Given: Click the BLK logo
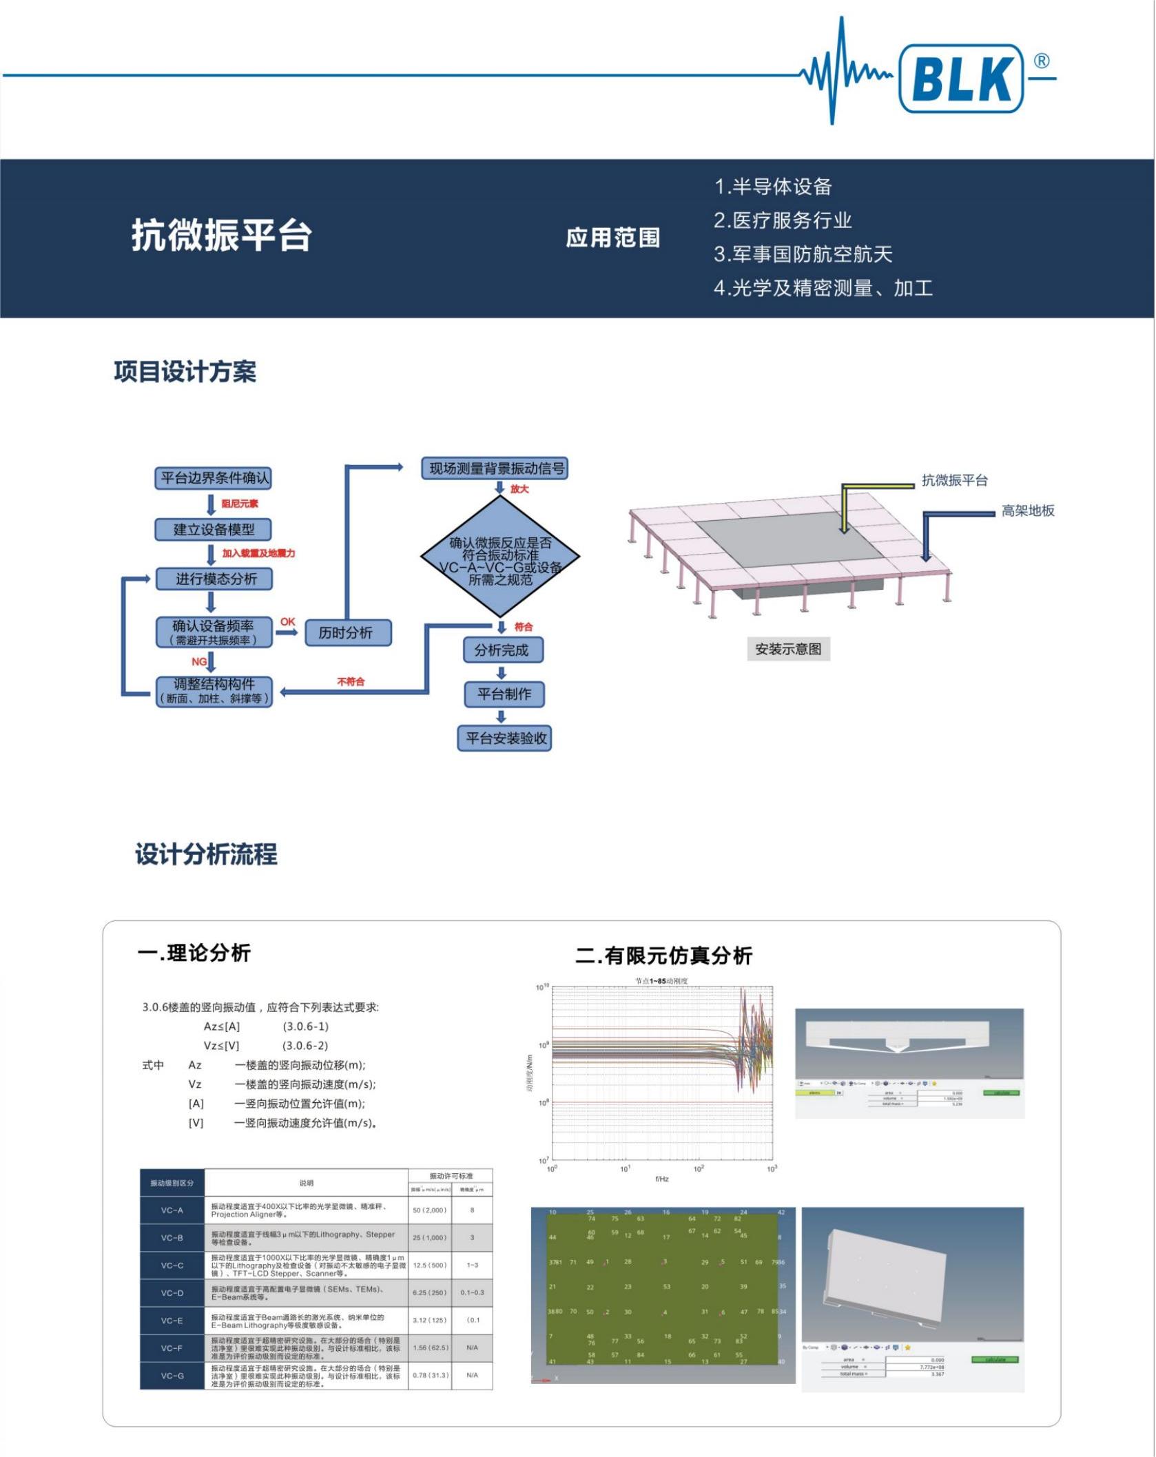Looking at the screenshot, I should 961,79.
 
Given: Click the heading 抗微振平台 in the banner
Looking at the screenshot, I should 222,236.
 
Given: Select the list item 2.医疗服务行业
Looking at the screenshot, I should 783,220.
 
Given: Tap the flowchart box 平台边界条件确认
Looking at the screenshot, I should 214,478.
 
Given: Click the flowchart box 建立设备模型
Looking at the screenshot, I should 214,530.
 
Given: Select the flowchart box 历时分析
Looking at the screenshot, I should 346,632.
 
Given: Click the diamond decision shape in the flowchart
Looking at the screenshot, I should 500,556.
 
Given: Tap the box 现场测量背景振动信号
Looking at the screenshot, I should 496,468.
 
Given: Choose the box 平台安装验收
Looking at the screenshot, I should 505,738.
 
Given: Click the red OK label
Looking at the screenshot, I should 288,622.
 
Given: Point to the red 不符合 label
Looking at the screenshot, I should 351,681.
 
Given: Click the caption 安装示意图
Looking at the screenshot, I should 788,649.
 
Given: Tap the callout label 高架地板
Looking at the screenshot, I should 1028,510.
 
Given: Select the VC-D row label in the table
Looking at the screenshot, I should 172,1293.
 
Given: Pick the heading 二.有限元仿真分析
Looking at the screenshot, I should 663,955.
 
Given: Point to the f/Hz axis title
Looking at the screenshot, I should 662,1179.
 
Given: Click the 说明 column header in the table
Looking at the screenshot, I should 307,1183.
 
